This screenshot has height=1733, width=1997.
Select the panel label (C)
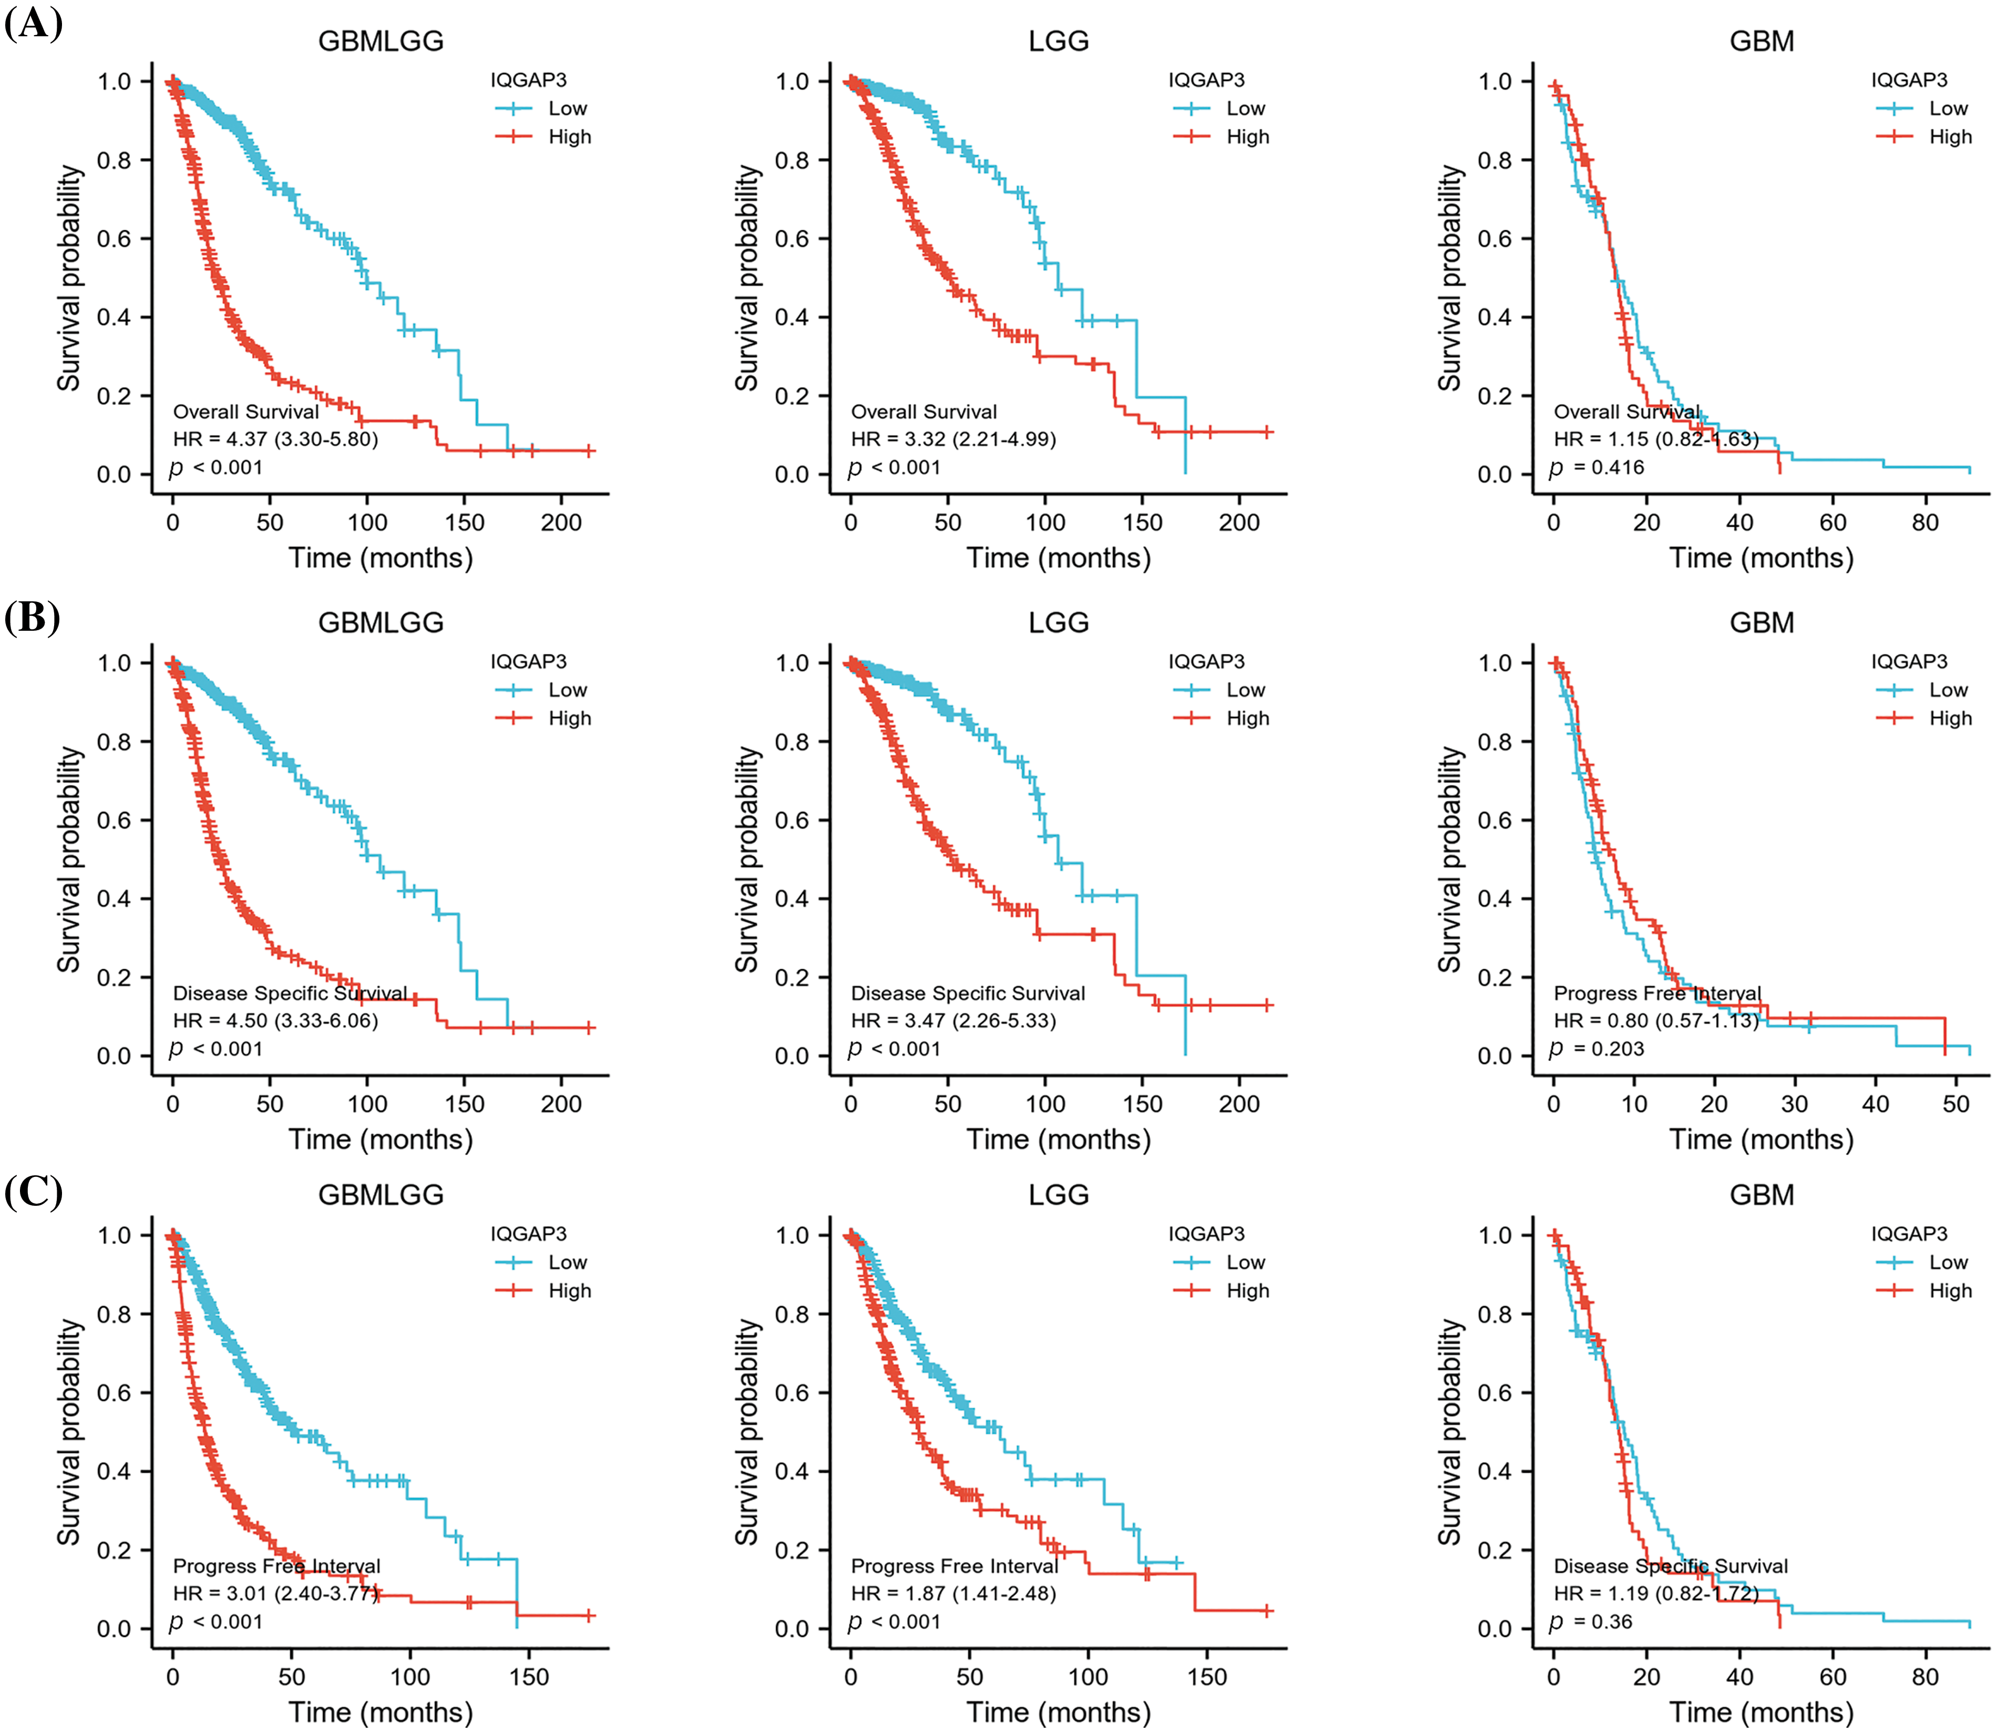point(33,1192)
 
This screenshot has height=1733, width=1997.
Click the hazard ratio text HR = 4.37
point(275,439)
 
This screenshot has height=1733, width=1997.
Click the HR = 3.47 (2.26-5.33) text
point(953,1020)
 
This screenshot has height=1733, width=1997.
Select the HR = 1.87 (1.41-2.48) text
point(953,1593)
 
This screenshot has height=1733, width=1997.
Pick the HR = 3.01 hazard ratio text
point(275,1593)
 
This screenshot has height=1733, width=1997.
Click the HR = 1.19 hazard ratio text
point(1655,1593)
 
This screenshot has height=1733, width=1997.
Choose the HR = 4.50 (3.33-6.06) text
point(275,1020)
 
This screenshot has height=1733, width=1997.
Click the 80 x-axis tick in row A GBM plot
point(1924,523)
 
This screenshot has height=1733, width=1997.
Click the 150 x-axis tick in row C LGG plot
point(1207,1677)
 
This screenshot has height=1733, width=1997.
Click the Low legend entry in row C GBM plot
point(1948,1262)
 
